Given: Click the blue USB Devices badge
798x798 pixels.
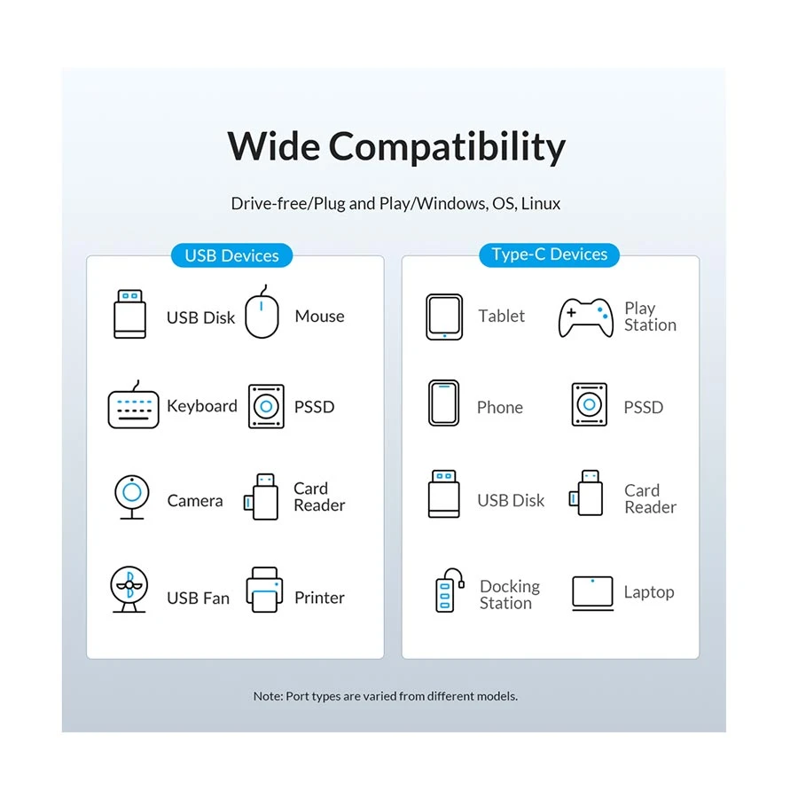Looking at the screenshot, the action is pyautogui.click(x=231, y=255).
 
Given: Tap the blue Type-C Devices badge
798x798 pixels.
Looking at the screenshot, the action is pyautogui.click(x=549, y=254).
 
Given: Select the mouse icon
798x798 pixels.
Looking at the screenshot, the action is pyautogui.click(x=262, y=311).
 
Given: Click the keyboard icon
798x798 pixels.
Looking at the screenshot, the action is pyautogui.click(x=133, y=404).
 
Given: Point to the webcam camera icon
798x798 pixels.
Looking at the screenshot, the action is pyautogui.click(x=132, y=497).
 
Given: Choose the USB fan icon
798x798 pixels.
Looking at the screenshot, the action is pyautogui.click(x=129, y=589).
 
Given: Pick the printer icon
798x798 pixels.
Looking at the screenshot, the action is pyautogui.click(x=264, y=590).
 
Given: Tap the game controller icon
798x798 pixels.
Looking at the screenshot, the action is pyautogui.click(x=586, y=317).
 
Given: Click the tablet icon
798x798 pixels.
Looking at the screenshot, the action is pyautogui.click(x=444, y=317).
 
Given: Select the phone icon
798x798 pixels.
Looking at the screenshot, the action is pyautogui.click(x=444, y=403).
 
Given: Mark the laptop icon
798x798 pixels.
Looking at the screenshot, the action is pyautogui.click(x=592, y=593).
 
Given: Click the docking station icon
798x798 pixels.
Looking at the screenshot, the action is pyautogui.click(x=450, y=590).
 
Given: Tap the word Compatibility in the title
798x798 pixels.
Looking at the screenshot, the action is pyautogui.click(x=448, y=146).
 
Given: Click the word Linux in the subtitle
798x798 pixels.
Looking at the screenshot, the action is pyautogui.click(x=541, y=204).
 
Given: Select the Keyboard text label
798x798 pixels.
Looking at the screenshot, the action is pyautogui.click(x=202, y=406).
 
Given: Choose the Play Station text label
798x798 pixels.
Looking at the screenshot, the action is pyautogui.click(x=651, y=316).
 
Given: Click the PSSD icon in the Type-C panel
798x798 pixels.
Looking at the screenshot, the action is pyautogui.click(x=590, y=404).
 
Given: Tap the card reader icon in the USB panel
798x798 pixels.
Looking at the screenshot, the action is pyautogui.click(x=262, y=497).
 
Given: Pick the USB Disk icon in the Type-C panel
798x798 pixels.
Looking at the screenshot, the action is pyautogui.click(x=444, y=494).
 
